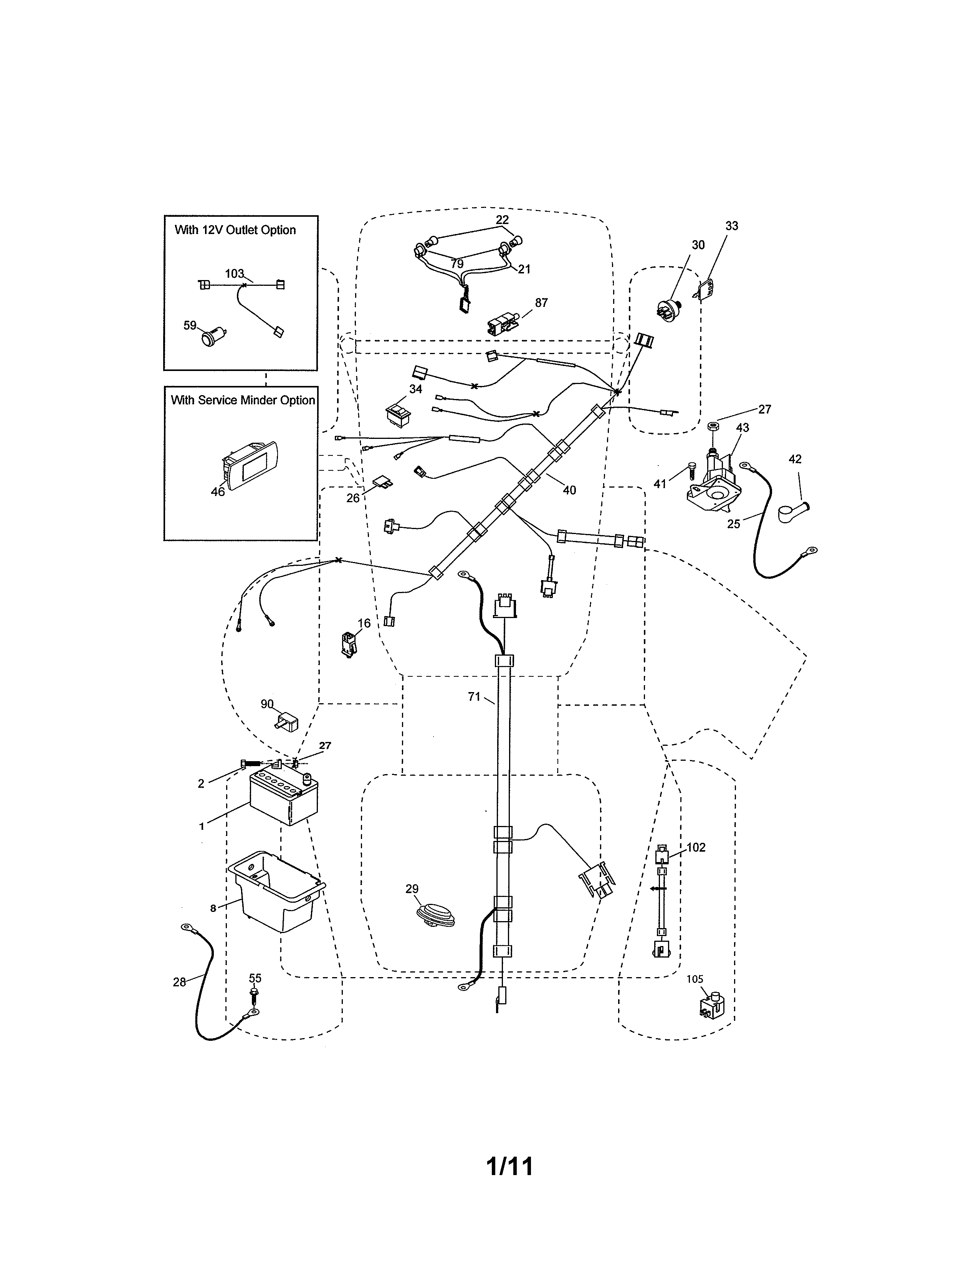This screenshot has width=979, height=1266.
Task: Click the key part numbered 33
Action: pos(706,291)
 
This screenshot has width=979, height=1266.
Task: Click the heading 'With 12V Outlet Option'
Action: pos(235,230)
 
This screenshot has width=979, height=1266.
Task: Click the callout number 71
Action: pos(474,697)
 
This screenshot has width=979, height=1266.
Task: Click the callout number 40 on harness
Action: pos(569,490)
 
